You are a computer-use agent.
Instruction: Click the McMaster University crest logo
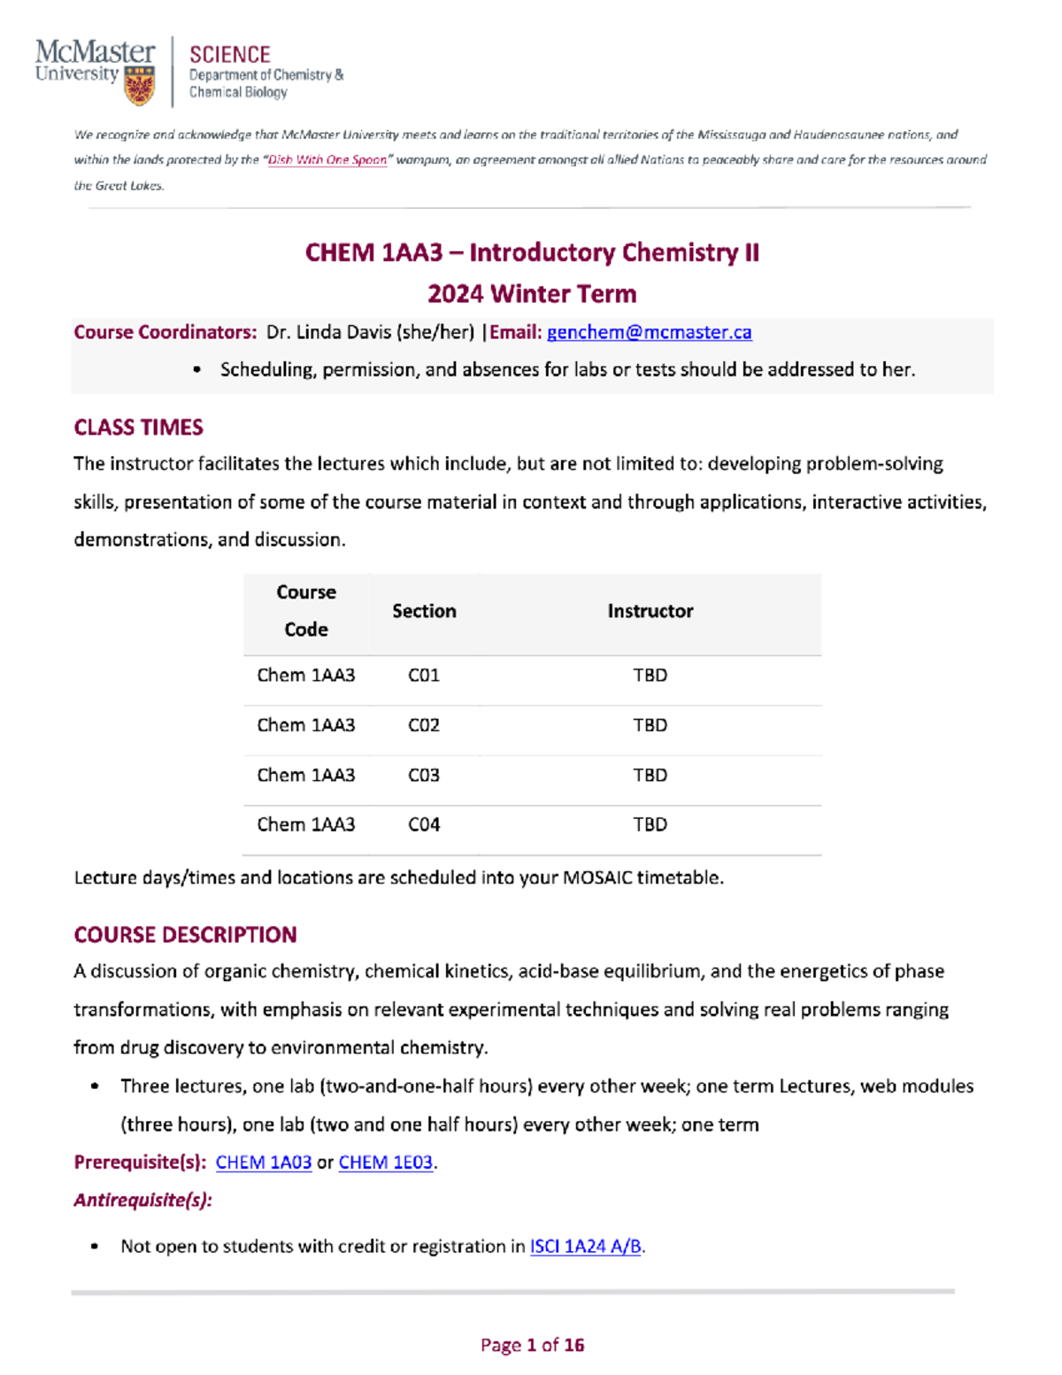coord(139,86)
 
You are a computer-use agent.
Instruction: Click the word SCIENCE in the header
coord(229,55)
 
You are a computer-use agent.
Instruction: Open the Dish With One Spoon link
coord(327,160)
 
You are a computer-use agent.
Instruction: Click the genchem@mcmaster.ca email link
coord(649,332)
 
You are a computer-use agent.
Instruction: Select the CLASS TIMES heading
coord(138,428)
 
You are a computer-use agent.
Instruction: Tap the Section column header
coord(424,611)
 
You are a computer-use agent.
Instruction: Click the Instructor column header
coord(650,611)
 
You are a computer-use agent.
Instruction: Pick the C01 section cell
coord(423,676)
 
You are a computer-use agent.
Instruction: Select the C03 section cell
coord(423,775)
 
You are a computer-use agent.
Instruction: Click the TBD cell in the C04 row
coord(650,824)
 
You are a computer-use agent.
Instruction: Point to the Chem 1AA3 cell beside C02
coord(305,725)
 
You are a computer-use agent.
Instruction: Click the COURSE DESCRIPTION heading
coord(185,935)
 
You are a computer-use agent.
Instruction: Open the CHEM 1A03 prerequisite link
coord(263,1163)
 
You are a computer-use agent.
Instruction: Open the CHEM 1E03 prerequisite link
coord(385,1163)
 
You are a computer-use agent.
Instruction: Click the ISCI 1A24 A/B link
coord(585,1247)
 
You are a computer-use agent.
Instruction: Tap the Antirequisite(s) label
coord(142,1201)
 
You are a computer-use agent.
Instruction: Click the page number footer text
coord(532,1345)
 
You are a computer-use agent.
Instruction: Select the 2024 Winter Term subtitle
coord(532,294)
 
